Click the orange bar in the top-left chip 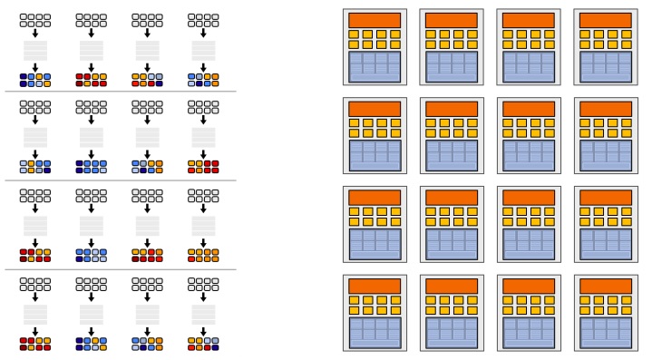pos(374,20)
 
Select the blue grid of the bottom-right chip pos(605,332)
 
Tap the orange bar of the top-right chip pos(605,20)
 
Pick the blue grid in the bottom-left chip pos(374,332)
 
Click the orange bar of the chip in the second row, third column pos(528,109)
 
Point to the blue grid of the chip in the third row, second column pos(451,243)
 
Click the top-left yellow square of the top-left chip pos(355,34)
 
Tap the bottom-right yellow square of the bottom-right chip pos(626,310)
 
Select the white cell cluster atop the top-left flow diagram pos(35,18)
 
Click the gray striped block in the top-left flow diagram pos(35,50)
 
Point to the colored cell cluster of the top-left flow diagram pos(35,80)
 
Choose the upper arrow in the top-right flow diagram pos(203,33)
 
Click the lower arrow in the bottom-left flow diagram pos(35,330)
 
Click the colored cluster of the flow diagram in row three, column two pos(91,255)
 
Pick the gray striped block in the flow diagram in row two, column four pos(203,138)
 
